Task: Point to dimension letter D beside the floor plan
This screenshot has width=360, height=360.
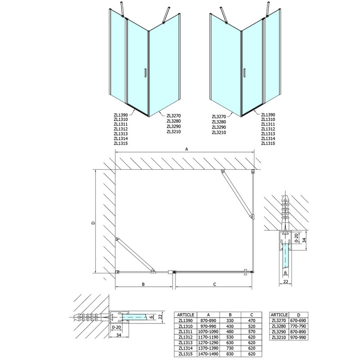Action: click(93, 221)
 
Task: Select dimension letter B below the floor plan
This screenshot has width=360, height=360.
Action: click(143, 284)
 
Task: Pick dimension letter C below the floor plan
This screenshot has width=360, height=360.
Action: click(215, 284)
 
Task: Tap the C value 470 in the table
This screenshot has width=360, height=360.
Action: click(252, 319)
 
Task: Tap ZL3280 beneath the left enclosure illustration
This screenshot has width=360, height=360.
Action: click(174, 121)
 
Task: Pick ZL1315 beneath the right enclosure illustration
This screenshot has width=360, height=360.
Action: click(269, 143)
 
